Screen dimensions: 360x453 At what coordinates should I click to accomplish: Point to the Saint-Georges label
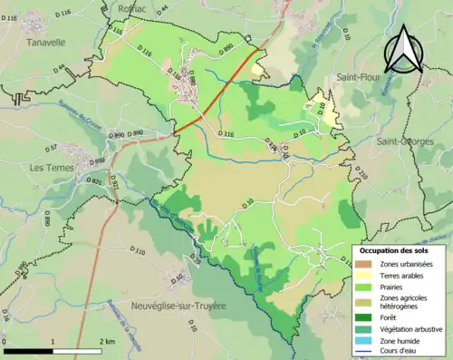tap(405, 142)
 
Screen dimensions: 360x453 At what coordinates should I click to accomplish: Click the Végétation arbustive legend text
tap(410, 328)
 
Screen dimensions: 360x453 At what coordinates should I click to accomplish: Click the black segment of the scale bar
tap(27, 350)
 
